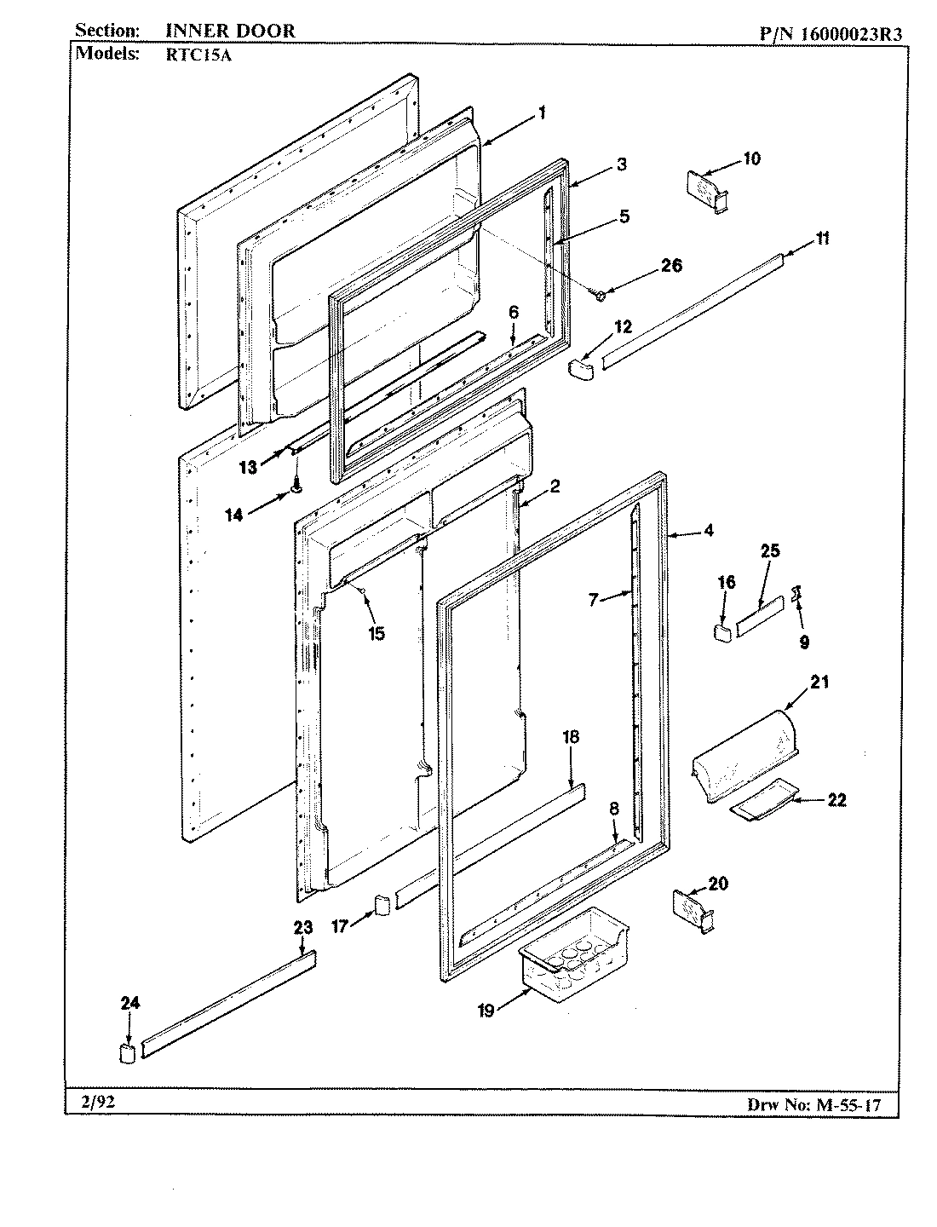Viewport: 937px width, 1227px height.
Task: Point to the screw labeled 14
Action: tap(296, 487)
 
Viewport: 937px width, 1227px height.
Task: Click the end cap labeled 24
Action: tap(128, 1051)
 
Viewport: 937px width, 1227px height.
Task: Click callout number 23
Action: tap(302, 928)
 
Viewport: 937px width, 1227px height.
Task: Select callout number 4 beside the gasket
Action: tap(709, 531)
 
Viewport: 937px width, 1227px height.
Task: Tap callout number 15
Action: tap(376, 633)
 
